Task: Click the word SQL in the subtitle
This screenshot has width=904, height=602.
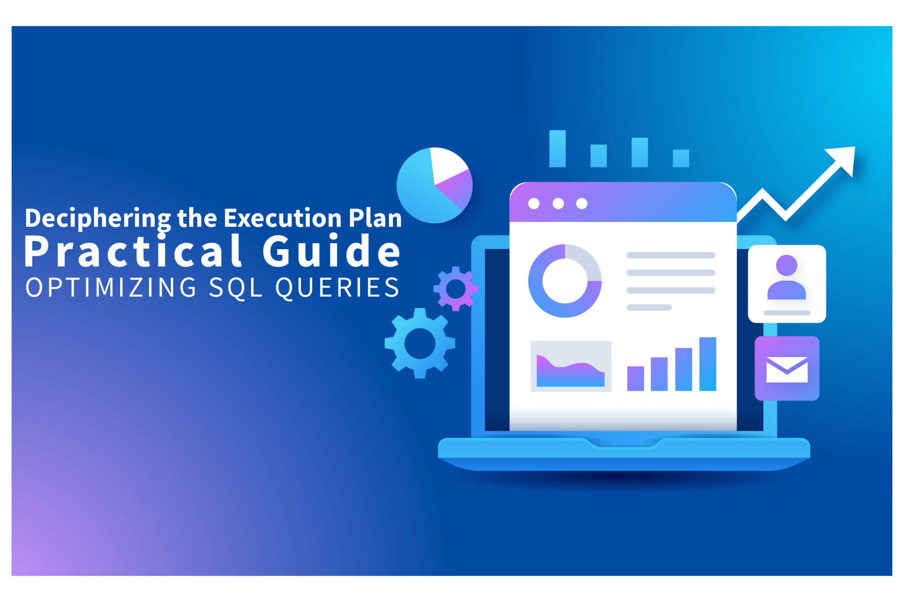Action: (236, 288)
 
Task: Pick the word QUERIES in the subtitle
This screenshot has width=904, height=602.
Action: (338, 288)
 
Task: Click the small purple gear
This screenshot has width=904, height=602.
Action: (456, 289)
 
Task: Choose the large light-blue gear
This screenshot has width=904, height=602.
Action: (420, 343)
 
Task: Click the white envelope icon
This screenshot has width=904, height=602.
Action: (787, 369)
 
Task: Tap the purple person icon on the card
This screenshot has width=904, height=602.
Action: (787, 278)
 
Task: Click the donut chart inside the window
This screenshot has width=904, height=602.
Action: (565, 280)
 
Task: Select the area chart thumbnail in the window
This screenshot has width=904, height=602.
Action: (571, 366)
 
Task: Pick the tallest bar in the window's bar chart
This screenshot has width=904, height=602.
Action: (708, 364)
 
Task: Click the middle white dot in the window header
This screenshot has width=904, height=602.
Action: (558, 203)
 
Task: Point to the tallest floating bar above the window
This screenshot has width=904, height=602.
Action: (557, 149)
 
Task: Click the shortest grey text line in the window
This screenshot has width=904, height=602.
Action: (649, 307)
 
